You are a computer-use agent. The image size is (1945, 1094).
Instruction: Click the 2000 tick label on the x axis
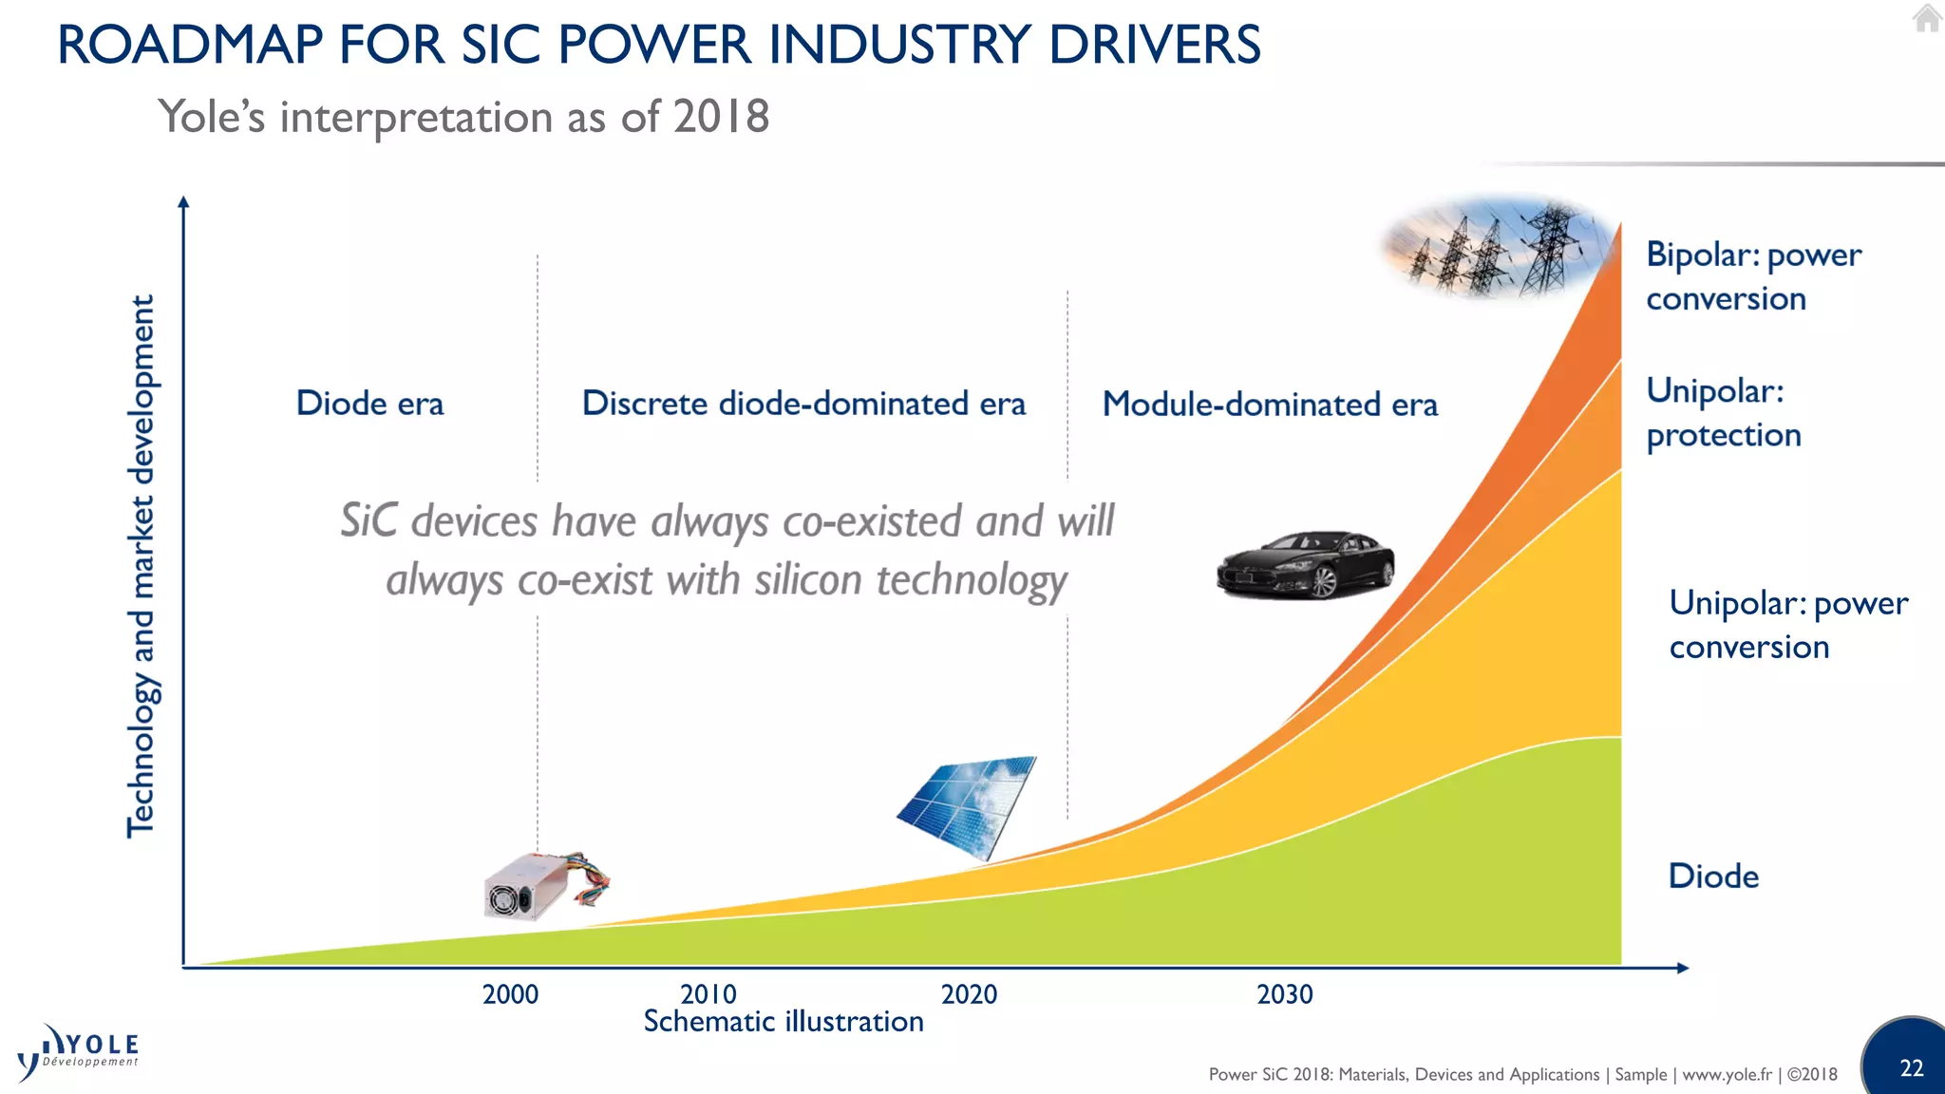510,994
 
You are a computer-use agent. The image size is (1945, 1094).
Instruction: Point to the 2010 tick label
708,994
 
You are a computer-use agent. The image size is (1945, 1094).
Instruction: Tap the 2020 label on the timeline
969,994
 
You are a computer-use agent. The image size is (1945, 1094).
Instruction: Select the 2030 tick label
1284,994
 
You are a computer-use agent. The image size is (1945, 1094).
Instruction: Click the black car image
1306,565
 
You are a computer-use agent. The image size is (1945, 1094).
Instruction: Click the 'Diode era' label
369,404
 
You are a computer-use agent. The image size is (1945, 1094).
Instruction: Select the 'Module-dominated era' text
1270,405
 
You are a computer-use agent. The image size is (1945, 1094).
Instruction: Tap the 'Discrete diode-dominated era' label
803,404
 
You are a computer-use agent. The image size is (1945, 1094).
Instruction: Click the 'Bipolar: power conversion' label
1752,276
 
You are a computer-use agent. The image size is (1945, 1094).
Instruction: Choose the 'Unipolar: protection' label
1723,412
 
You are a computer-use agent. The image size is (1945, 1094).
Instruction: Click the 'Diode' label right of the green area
1713,876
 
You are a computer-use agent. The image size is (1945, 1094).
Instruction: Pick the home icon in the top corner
1927,19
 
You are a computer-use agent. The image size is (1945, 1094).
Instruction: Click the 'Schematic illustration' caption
784,1022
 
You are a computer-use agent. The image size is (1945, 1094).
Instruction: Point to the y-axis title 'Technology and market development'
141,566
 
